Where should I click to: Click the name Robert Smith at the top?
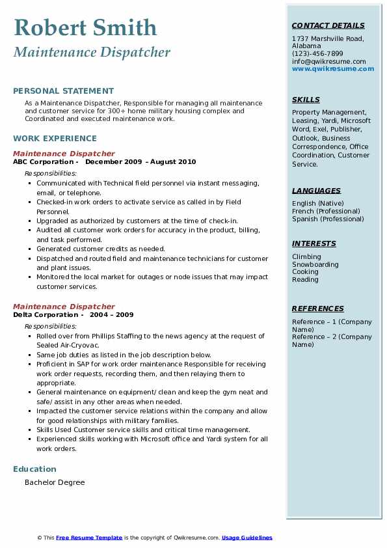pos(85,27)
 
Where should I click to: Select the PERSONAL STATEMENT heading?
pos(63,91)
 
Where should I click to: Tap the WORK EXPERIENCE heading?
pos(55,139)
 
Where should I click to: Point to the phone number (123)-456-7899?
pos(317,54)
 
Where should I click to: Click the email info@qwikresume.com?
pos(328,62)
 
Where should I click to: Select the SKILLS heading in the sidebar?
pos(306,100)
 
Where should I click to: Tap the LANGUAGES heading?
pos(316,191)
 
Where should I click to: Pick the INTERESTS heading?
pos(314,243)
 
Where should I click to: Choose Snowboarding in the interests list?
pos(315,265)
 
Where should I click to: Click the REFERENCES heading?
pos(317,308)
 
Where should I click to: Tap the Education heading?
pos(34,469)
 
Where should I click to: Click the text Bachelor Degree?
pos(55,483)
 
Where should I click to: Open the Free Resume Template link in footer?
pos(89,538)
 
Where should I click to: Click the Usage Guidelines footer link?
pos(247,538)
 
